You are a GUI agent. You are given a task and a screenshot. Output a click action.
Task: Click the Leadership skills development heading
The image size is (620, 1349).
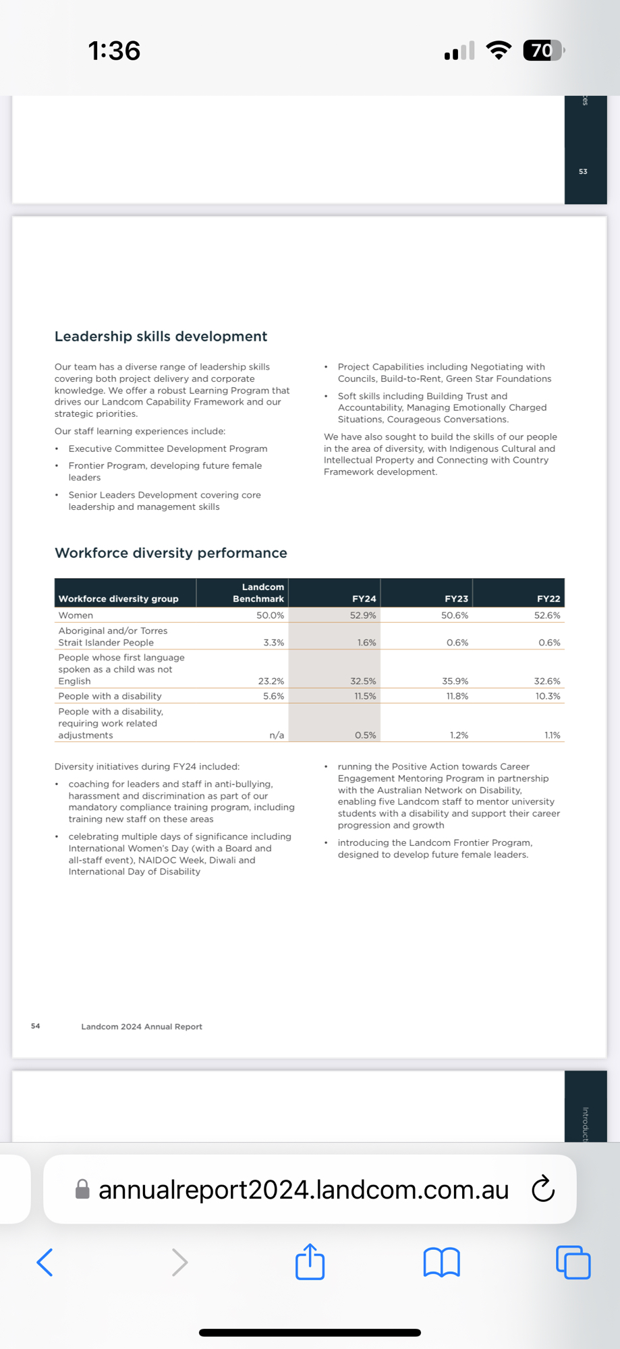click(x=161, y=337)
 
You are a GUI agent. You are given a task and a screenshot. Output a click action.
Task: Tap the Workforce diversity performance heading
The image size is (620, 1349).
click(x=171, y=553)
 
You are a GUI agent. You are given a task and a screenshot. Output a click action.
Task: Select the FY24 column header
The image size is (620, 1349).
click(x=364, y=598)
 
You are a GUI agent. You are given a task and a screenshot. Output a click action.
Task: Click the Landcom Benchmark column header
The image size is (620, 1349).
click(x=258, y=593)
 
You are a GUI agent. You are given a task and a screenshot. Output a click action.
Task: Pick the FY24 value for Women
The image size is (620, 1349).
click(x=363, y=615)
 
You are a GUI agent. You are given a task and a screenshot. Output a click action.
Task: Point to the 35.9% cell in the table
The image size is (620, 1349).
click(x=455, y=681)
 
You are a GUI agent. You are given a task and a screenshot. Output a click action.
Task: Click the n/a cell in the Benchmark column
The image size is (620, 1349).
click(x=277, y=735)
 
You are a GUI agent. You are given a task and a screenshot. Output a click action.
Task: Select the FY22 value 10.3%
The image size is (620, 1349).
click(x=548, y=696)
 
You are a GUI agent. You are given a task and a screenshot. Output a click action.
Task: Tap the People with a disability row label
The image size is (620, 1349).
click(x=110, y=696)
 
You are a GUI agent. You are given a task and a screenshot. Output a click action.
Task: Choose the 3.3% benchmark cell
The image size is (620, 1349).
click(x=273, y=643)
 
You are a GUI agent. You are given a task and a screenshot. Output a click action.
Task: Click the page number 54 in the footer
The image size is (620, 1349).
click(x=36, y=1026)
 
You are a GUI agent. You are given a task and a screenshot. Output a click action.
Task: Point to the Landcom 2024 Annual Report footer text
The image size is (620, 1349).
click(x=142, y=1027)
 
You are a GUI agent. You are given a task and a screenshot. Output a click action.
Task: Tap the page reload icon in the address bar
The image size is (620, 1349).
click(x=543, y=1189)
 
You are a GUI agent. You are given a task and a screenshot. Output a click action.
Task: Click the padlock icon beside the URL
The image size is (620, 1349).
click(x=82, y=1189)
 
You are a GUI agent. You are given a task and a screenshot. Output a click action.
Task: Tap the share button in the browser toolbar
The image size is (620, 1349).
click(x=310, y=1262)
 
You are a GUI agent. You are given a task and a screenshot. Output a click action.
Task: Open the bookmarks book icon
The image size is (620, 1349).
click(x=442, y=1262)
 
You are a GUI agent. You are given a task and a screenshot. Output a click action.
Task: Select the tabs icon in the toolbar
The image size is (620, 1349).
click(x=573, y=1262)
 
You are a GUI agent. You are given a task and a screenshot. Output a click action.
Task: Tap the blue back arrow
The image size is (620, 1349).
click(x=45, y=1262)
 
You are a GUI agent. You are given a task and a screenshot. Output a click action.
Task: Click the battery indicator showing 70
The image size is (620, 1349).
click(x=542, y=51)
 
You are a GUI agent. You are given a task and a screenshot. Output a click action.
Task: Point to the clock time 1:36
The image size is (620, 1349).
click(x=114, y=51)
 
